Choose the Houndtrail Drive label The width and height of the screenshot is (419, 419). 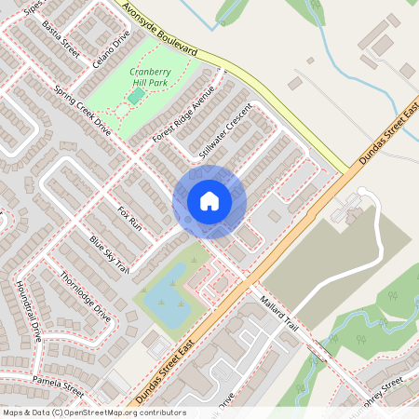tap(29, 310)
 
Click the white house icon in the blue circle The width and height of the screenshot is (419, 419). tap(209, 201)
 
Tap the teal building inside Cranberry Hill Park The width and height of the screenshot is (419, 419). tap(136, 95)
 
